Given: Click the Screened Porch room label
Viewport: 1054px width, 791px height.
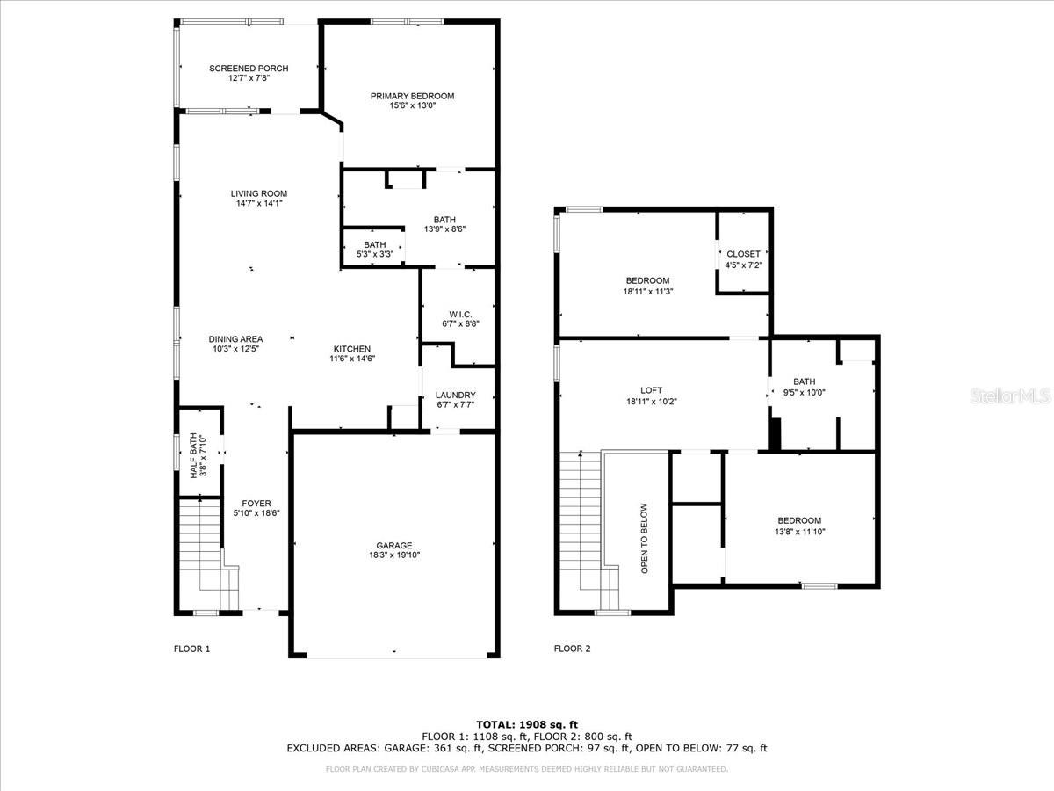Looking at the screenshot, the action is [249, 69].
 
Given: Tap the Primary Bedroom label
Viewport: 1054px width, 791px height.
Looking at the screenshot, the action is [412, 96].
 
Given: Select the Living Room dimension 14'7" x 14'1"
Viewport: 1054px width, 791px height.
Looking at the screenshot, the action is [259, 203].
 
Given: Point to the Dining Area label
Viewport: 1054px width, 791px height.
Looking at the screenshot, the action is [235, 339].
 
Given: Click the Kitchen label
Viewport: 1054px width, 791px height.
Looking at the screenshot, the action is [352, 349].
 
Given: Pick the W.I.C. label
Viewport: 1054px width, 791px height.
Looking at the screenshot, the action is [460, 314].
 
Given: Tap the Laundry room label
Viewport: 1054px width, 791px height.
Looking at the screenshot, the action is [455, 395].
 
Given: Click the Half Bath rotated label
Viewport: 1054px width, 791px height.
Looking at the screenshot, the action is [193, 456].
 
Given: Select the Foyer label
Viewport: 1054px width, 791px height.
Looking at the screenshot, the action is [256, 504].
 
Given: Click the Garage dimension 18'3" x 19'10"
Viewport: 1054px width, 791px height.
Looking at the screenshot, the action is [394, 555].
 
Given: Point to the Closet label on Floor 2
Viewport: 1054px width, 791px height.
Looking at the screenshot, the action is [743, 254].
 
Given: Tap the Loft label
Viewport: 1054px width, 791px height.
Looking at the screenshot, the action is [651, 390].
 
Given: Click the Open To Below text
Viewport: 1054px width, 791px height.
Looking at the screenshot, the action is [645, 539].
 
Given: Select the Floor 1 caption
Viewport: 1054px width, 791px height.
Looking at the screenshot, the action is [191, 649].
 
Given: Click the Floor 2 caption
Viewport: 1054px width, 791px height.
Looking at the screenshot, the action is [572, 649].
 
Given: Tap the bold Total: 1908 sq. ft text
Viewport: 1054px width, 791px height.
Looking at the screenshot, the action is [527, 725].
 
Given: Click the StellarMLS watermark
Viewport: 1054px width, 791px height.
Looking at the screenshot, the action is [1010, 395].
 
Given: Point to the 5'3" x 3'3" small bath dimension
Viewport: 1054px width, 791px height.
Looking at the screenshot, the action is [375, 254].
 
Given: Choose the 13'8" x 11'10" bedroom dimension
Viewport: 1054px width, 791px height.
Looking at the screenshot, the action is [799, 532].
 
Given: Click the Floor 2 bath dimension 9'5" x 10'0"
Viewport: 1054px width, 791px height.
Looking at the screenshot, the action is [804, 392].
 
